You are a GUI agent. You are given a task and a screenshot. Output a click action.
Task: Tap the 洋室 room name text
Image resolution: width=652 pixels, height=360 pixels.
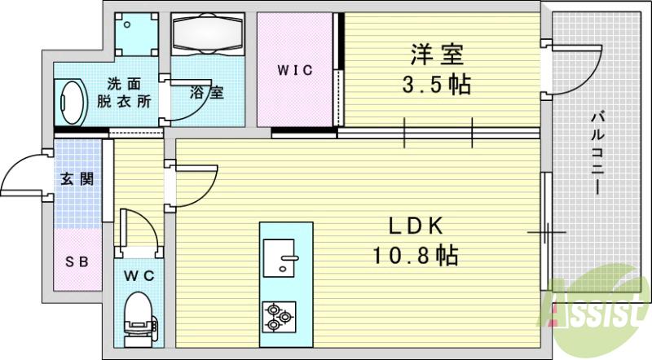click(438, 56)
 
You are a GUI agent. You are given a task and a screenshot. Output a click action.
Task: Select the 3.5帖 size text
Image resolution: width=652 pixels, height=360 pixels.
click(438, 85)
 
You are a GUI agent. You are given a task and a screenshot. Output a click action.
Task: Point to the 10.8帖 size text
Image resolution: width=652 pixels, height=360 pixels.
click(416, 257)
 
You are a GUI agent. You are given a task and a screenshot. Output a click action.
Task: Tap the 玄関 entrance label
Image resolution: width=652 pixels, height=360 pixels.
click(77, 179)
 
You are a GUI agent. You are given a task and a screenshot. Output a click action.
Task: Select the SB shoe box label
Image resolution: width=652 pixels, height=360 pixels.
click(77, 261)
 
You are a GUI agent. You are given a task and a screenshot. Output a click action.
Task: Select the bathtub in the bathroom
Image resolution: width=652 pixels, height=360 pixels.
click(208, 34)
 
